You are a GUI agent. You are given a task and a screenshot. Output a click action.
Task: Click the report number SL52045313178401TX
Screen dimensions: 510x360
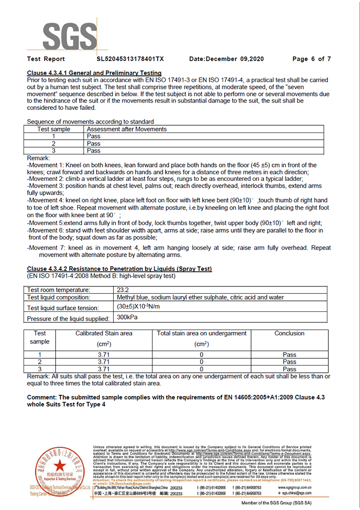pyautogui.click(x=130, y=59)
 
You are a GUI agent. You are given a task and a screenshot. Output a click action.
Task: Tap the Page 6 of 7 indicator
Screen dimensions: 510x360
pyautogui.click(x=312, y=59)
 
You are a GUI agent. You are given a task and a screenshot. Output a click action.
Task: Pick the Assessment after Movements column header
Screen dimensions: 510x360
pyautogui.click(x=127, y=130)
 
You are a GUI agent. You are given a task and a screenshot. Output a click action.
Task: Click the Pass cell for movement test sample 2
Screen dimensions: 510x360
pyautogui.click(x=94, y=143)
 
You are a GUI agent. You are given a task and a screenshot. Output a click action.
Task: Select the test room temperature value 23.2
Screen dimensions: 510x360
pyautogui.click(x=123, y=290)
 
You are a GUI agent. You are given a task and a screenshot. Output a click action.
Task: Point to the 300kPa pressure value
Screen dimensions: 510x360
pyautogui.click(x=127, y=317)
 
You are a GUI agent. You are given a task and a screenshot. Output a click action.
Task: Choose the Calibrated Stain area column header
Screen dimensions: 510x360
pyautogui.click(x=104, y=333)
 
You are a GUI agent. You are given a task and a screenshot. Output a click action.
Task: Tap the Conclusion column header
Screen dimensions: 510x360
pyautogui.click(x=289, y=333)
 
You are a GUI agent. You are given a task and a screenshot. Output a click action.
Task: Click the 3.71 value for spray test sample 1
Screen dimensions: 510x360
pyautogui.click(x=104, y=355)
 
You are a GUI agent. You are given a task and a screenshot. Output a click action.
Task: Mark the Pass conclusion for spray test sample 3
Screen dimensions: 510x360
pyautogui.click(x=289, y=369)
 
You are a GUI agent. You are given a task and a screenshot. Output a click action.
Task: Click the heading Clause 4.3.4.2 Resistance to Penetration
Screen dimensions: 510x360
pyautogui.click(x=119, y=269)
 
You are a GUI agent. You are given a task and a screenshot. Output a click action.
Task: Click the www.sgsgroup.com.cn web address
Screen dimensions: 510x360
pyautogui.click(x=295, y=487)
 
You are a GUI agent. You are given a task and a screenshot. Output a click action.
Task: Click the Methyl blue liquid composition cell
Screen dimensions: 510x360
pyautogui.click(x=200, y=297)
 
